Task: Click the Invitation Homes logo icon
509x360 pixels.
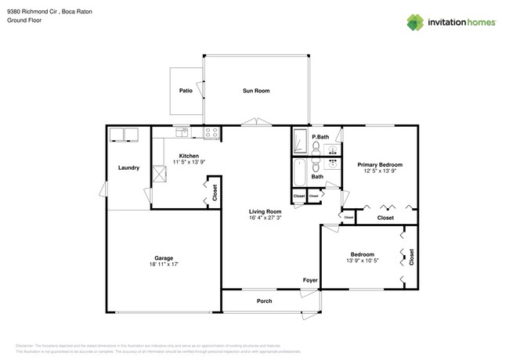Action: tap(416, 22)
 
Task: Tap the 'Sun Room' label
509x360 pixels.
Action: tap(255, 91)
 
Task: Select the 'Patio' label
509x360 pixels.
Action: tap(186, 91)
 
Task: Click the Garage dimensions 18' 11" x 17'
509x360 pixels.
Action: tap(164, 265)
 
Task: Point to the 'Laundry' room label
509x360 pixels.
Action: tap(128, 167)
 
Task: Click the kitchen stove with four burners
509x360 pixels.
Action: tap(211, 132)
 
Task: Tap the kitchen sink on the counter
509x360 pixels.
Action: tap(182, 131)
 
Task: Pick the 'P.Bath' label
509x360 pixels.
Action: tap(319, 137)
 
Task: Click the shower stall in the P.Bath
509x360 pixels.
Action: tap(301, 142)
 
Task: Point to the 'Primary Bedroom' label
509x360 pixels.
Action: tap(380, 164)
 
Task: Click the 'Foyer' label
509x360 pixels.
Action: tap(311, 279)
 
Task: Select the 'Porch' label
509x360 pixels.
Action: tap(264, 301)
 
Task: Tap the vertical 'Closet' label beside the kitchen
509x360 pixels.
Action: tap(215, 193)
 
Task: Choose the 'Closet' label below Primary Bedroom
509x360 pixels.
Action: tap(385, 218)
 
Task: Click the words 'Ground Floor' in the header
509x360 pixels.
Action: tap(23, 20)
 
